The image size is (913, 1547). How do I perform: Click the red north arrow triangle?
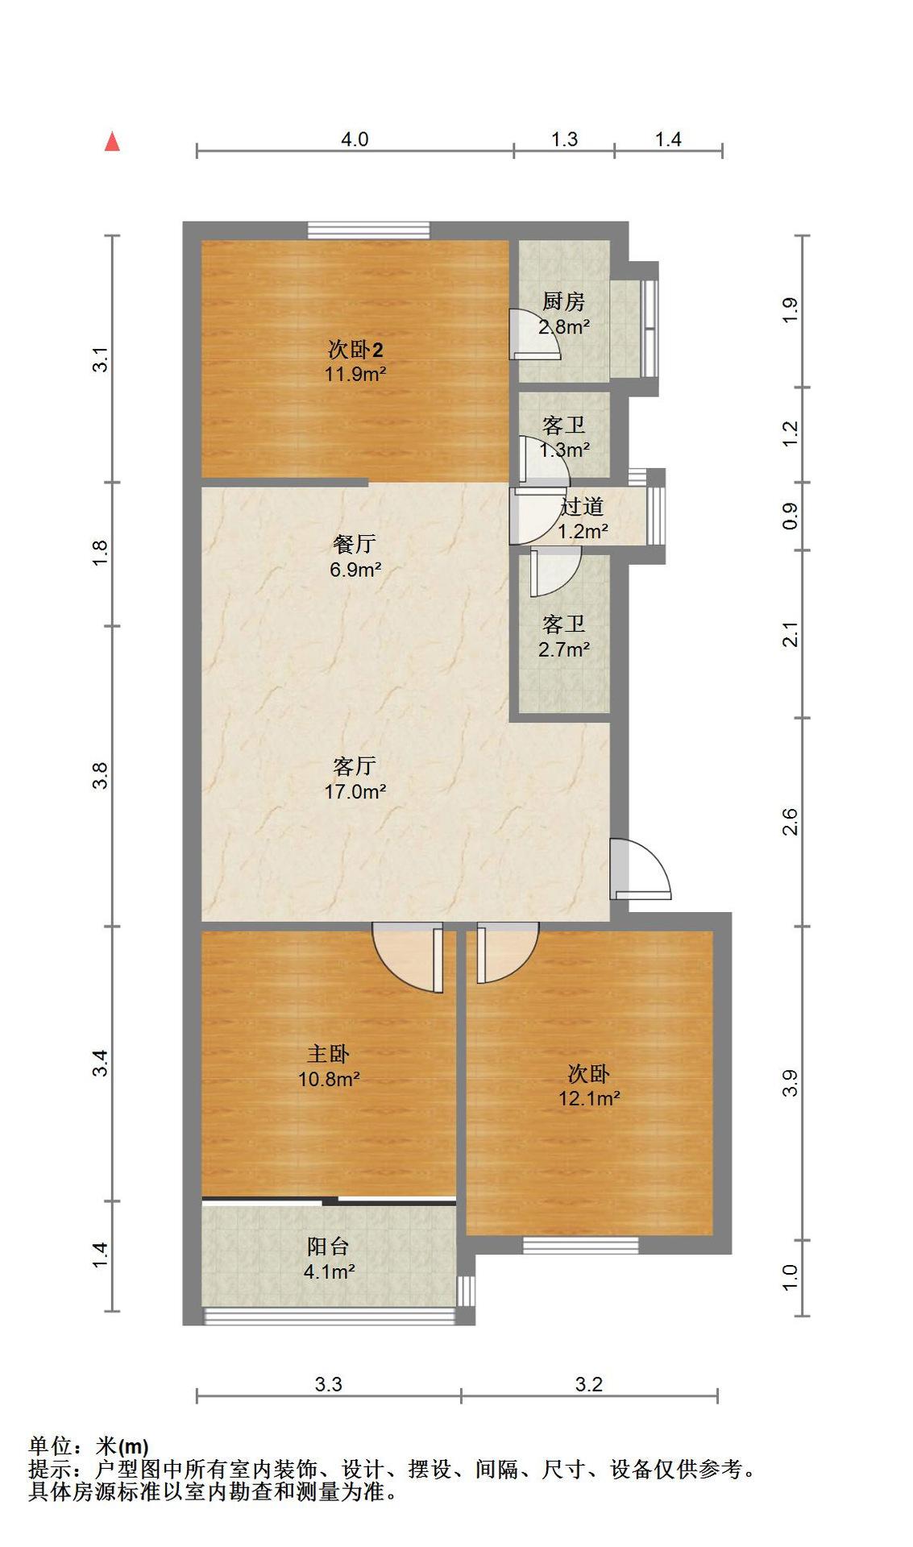[113, 143]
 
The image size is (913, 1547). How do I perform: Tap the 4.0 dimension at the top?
[355, 139]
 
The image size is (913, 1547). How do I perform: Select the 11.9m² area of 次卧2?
[355, 374]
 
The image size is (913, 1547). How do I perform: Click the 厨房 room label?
[563, 302]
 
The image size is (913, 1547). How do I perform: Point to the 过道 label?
[582, 507]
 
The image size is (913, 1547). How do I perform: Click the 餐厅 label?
[355, 545]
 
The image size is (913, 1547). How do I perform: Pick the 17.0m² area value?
[355, 792]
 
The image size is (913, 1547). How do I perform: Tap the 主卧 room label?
[328, 1054]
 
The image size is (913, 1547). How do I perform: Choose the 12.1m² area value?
[589, 1098]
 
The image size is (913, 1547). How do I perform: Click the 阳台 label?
[328, 1246]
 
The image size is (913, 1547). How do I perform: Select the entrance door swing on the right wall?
[640, 869]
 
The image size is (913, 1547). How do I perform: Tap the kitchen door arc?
[534, 333]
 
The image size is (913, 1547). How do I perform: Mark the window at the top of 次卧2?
[368, 230]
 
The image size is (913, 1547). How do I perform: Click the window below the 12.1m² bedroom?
[580, 1246]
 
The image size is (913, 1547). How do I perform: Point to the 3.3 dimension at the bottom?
[328, 1384]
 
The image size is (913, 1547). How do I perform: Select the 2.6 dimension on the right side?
[790, 821]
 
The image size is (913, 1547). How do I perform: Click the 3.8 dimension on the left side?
[100, 776]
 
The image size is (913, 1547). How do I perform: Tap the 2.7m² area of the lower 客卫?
[563, 649]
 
